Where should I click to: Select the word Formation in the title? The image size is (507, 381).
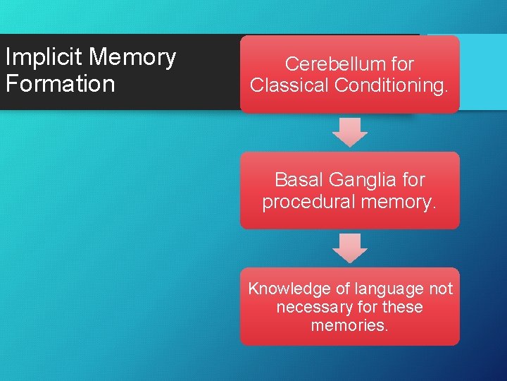pos(60,84)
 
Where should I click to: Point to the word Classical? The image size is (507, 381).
pos(290,85)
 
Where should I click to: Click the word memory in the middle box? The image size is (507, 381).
pos(401,202)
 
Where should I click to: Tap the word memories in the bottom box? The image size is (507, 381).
pos(349,326)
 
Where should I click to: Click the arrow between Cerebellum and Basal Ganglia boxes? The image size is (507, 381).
pos(350,132)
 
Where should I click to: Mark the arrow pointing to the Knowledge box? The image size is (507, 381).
pos(350,248)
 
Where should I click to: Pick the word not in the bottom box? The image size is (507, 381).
pos(440,289)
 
